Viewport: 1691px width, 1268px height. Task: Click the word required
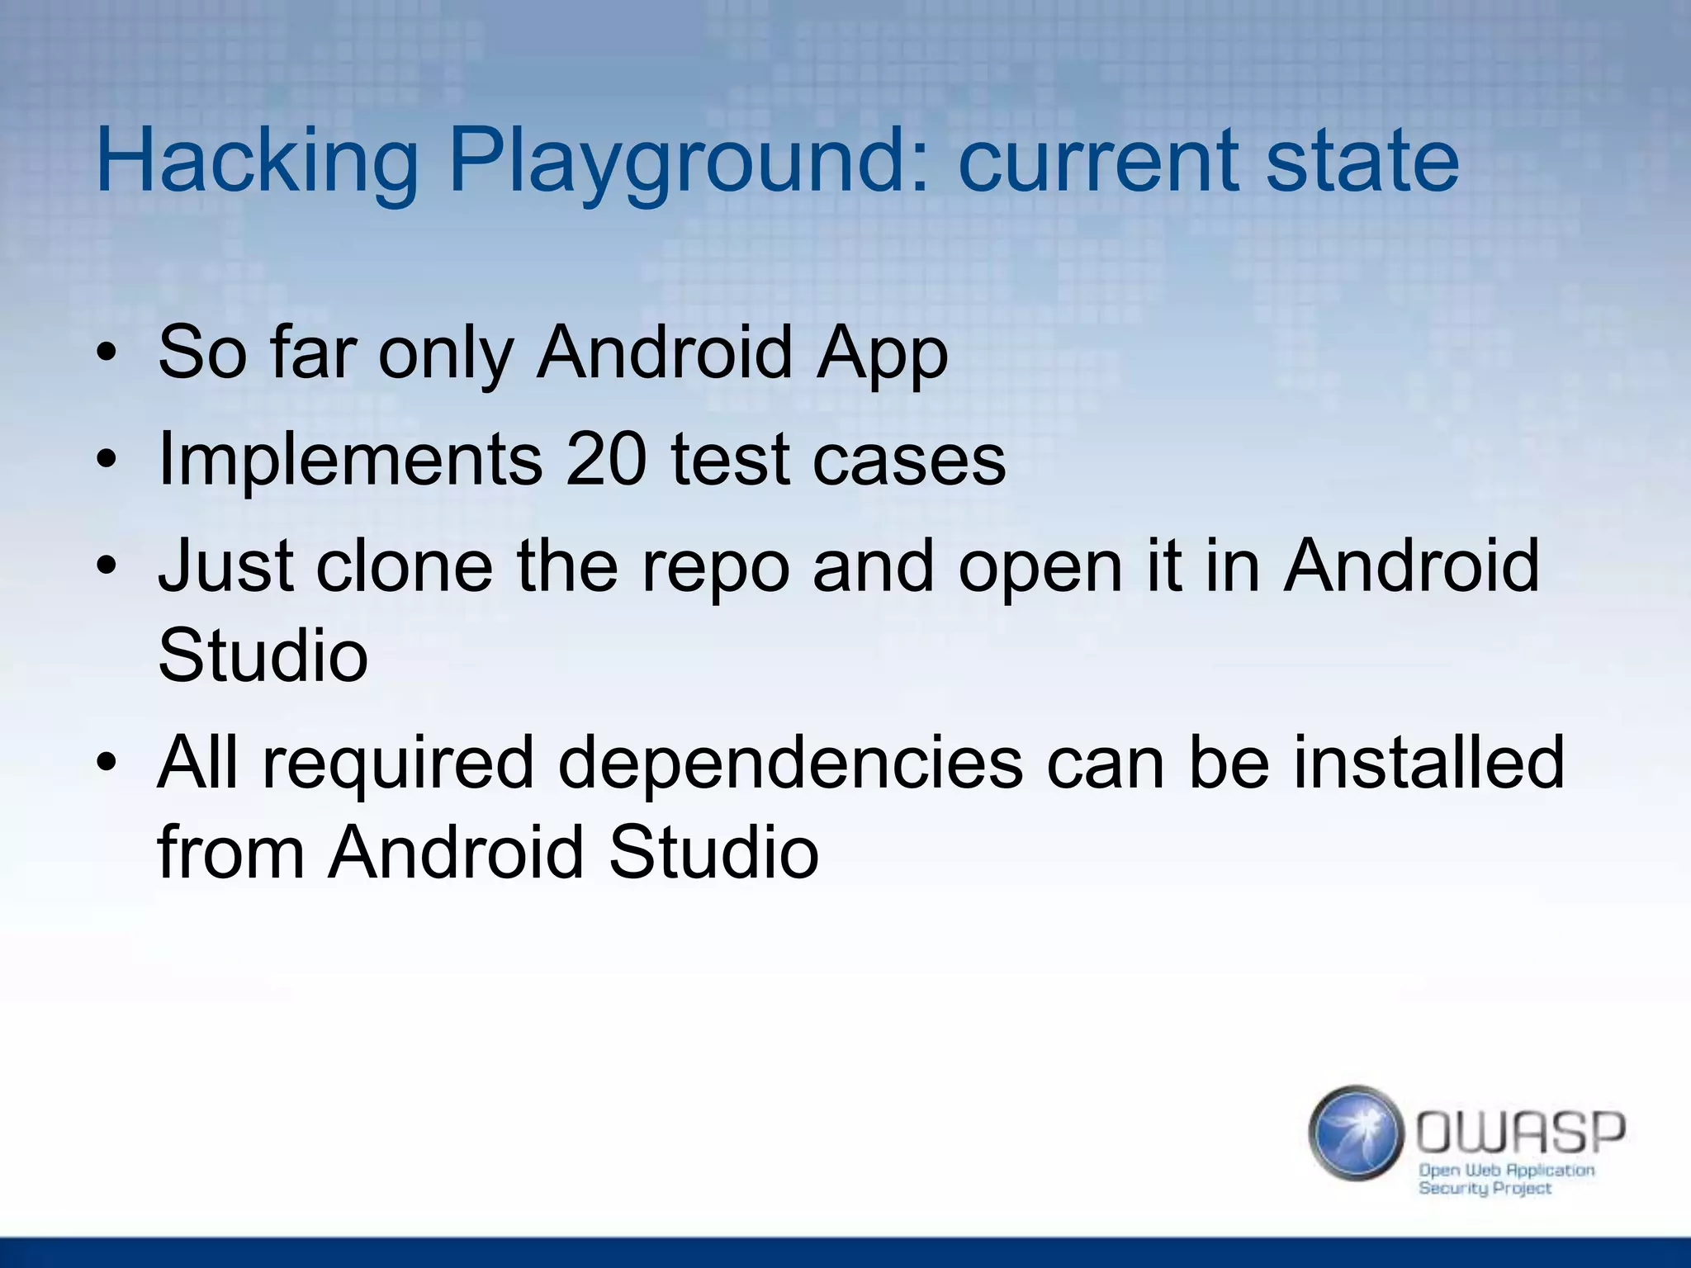(399, 764)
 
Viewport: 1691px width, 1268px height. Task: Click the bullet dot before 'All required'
(107, 764)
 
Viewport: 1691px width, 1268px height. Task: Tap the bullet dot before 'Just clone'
(107, 568)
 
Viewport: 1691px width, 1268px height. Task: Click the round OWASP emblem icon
(1356, 1133)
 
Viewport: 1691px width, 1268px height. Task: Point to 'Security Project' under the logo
(1485, 1189)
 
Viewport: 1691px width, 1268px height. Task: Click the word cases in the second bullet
(909, 460)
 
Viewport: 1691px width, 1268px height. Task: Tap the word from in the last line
(231, 851)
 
